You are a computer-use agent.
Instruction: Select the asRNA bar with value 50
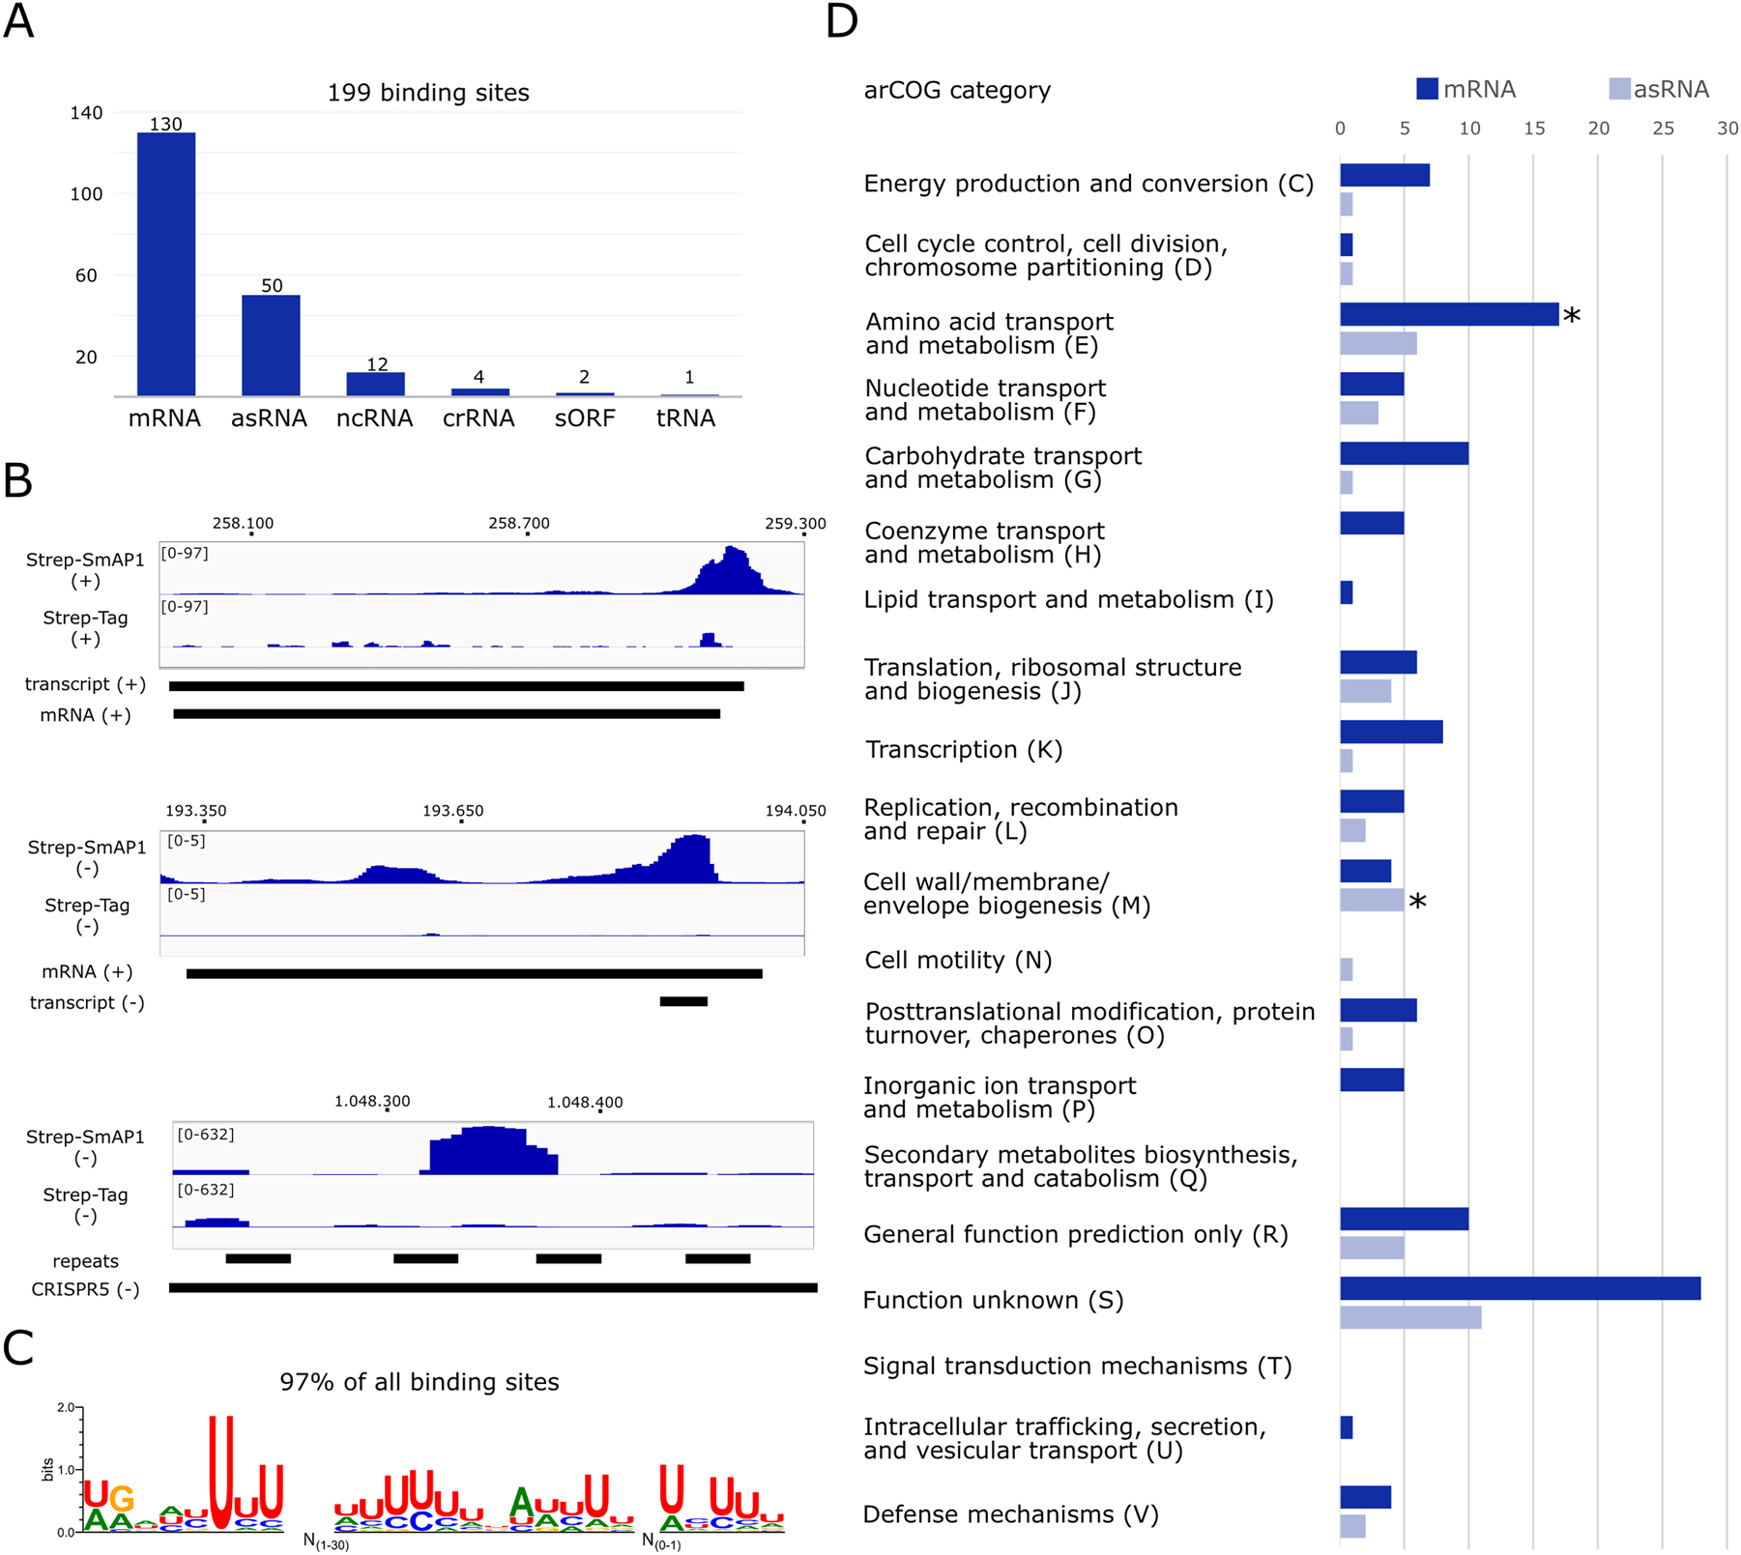(x=271, y=345)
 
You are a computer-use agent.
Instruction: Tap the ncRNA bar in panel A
(x=375, y=384)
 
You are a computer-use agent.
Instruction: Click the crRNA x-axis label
(x=479, y=418)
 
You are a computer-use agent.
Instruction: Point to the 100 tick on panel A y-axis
(x=86, y=194)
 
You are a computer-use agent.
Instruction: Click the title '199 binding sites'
(x=427, y=93)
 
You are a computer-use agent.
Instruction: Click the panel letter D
(x=842, y=21)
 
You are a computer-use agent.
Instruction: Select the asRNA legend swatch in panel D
(x=1619, y=90)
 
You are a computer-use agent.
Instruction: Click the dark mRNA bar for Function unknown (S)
(x=1520, y=1288)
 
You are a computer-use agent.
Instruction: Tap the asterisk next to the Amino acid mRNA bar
(x=1572, y=317)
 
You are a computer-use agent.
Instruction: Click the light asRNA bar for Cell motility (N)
(x=1347, y=969)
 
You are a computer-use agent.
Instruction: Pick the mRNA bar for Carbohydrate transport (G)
(x=1404, y=453)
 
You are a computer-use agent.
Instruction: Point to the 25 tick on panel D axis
(x=1663, y=129)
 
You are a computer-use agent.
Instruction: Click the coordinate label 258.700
(x=518, y=523)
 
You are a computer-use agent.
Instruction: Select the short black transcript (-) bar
(x=683, y=1002)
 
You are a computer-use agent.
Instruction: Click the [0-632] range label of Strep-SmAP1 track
(x=205, y=1135)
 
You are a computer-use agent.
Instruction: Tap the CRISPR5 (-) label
(x=85, y=1289)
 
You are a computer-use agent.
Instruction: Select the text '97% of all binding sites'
(x=419, y=1382)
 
